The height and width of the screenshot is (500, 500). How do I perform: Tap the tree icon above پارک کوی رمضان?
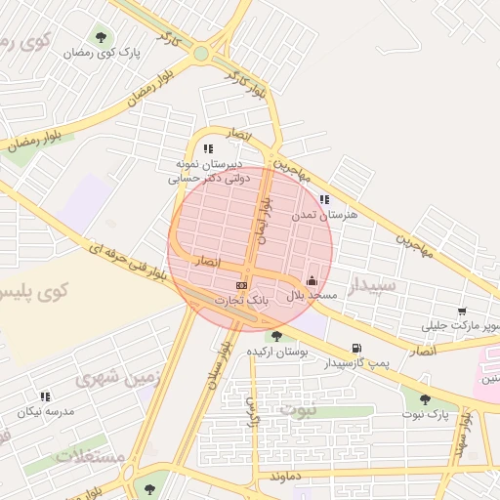101,38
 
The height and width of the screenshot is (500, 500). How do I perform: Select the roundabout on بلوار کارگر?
202,54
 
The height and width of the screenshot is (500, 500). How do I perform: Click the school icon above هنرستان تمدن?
324,199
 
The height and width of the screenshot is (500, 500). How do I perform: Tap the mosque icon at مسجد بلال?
312,280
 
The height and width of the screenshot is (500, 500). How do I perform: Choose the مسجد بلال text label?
311,294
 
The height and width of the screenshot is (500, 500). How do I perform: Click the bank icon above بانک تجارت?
240,283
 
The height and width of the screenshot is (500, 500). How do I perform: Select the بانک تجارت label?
241,300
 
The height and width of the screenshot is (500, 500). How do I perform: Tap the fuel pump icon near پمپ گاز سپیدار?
355,349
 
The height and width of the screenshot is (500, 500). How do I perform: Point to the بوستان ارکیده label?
277,350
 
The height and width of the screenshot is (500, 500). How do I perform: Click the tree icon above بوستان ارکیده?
278,335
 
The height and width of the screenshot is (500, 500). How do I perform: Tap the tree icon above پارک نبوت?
424,398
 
